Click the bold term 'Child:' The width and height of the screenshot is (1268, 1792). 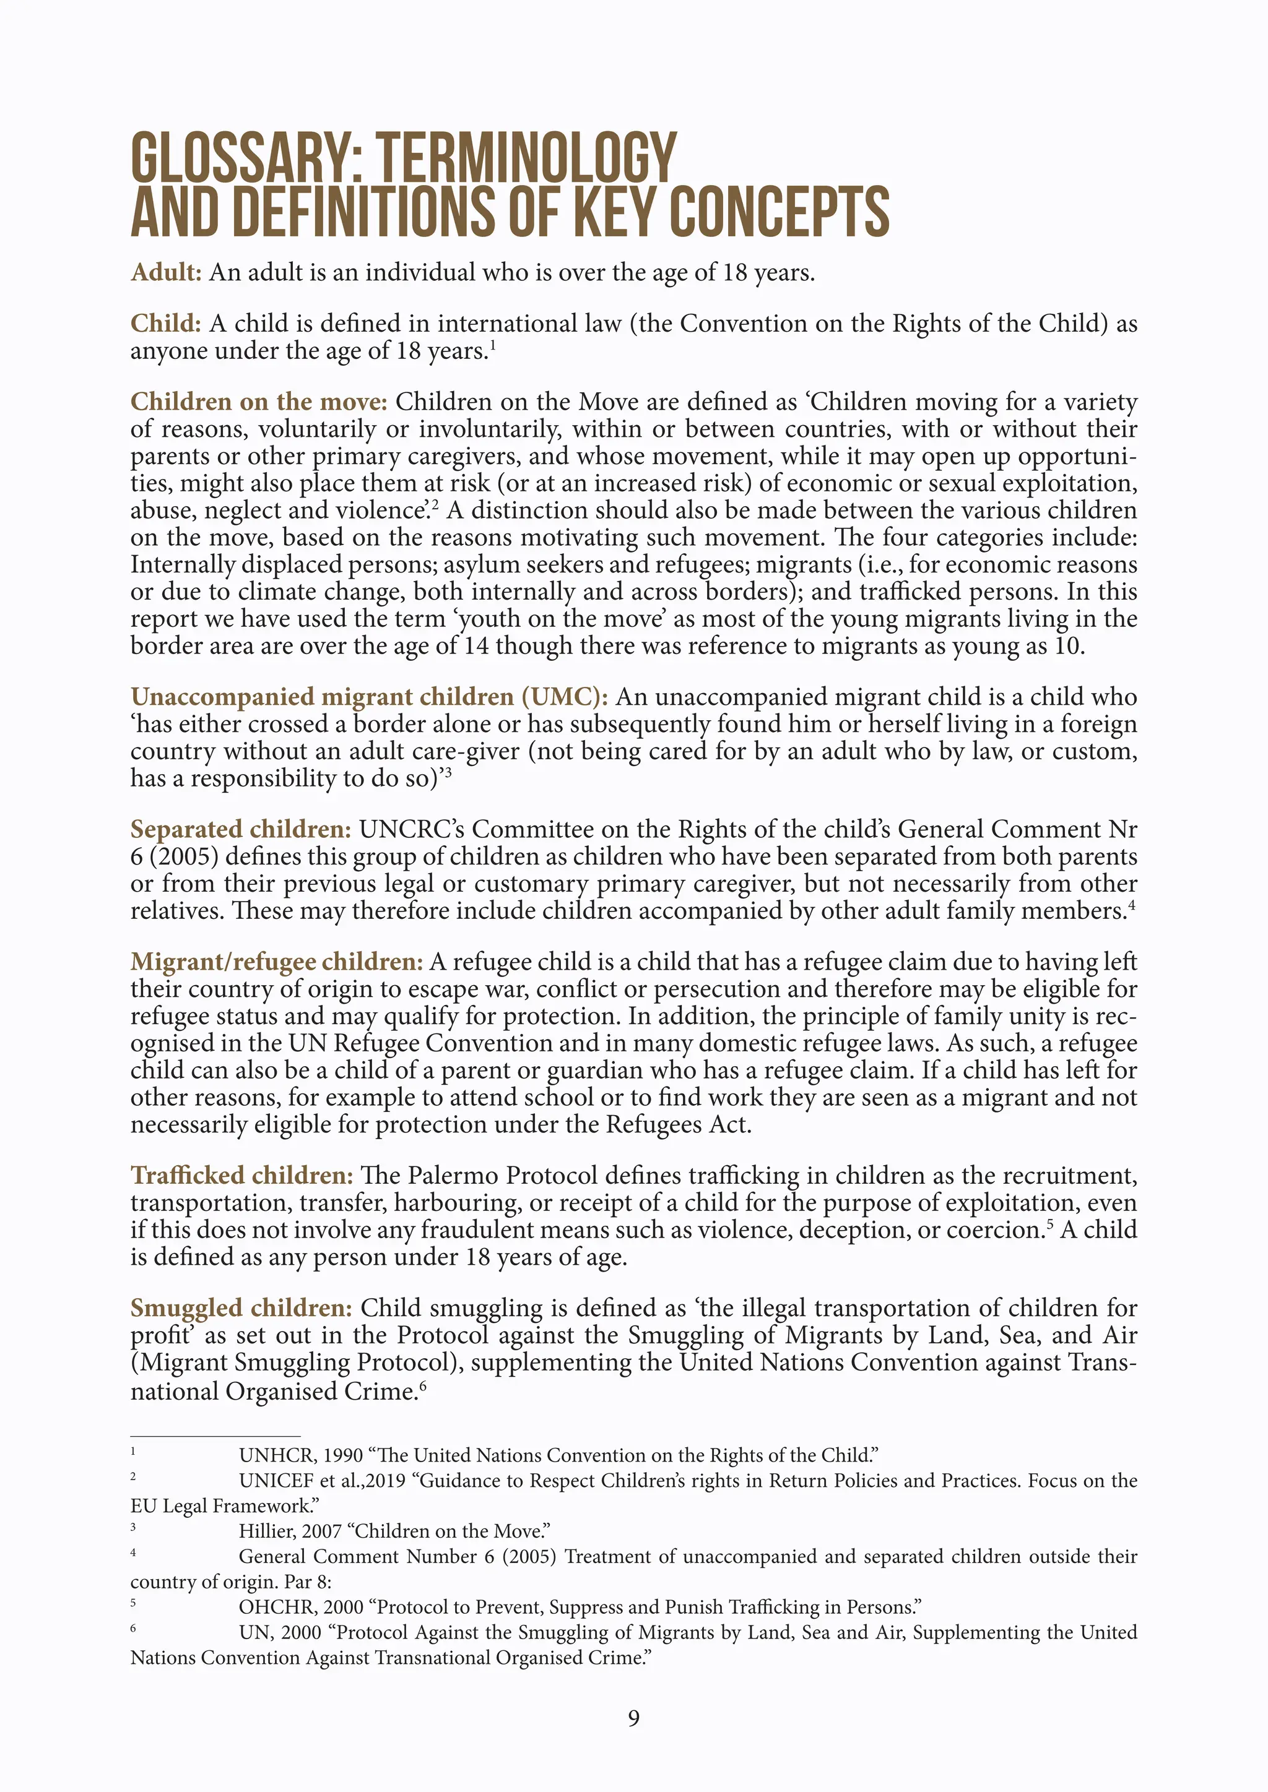click(x=165, y=323)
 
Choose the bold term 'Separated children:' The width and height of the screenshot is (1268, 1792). click(x=240, y=829)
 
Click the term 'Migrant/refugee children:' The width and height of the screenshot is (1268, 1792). click(x=276, y=962)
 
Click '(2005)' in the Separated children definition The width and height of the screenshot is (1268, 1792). click(x=185, y=856)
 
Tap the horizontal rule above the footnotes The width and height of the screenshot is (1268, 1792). click(x=215, y=1436)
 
